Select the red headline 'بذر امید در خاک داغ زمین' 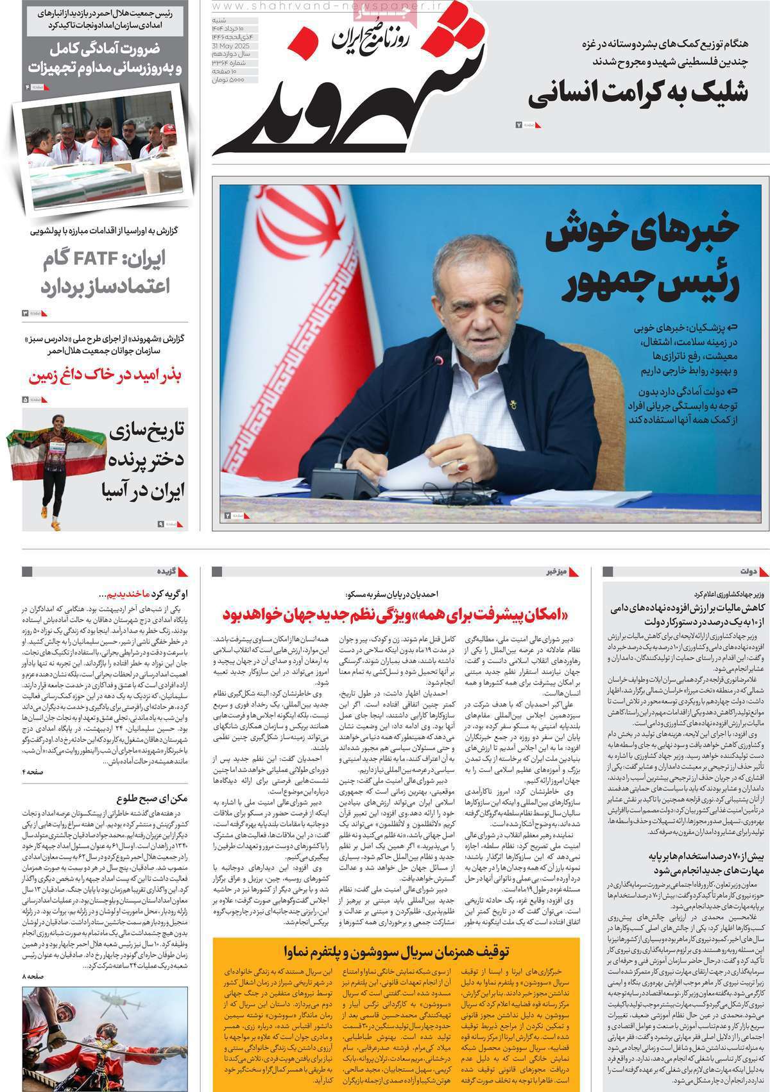pyautogui.click(x=105, y=375)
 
